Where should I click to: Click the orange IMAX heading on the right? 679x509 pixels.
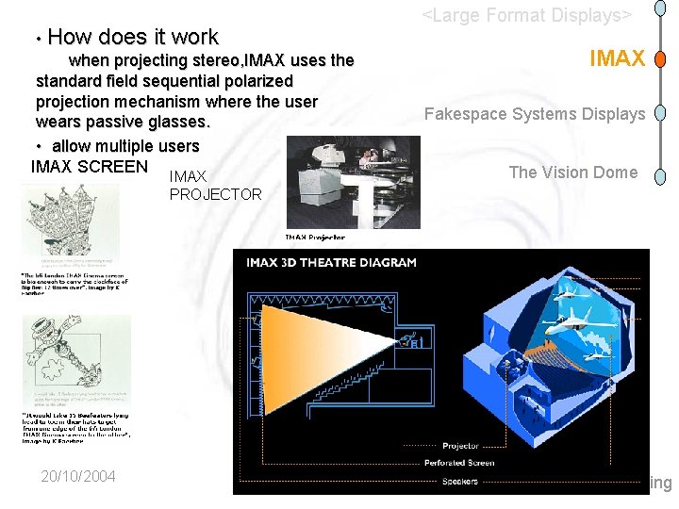tap(617, 58)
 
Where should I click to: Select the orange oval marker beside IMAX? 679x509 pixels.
tap(660, 59)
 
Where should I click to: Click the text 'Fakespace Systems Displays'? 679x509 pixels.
tap(535, 114)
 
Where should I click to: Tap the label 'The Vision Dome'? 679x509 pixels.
tap(572, 172)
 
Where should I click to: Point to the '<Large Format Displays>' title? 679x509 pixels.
tap(527, 15)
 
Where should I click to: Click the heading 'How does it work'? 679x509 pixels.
tap(132, 37)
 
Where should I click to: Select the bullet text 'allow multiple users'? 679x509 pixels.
tap(125, 146)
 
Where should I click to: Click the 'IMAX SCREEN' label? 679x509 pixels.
tap(90, 168)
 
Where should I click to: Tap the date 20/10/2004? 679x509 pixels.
tap(78, 476)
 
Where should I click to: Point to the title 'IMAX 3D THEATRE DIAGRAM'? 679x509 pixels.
tap(331, 262)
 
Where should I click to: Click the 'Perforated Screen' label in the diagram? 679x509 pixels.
tap(459, 463)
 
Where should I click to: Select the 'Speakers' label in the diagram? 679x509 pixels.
tap(460, 481)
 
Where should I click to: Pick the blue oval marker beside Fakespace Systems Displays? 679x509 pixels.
tap(660, 113)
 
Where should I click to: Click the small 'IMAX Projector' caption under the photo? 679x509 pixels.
tap(314, 238)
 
